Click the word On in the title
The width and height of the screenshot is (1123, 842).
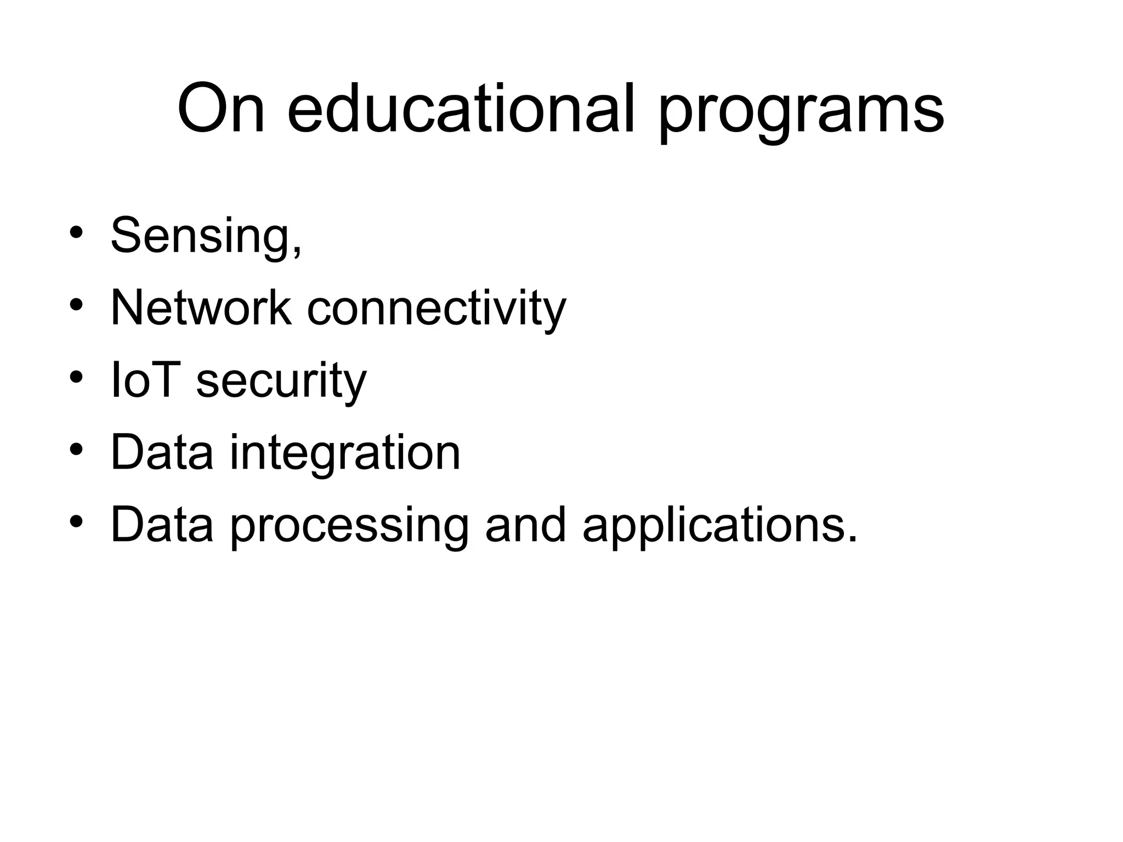click(x=222, y=108)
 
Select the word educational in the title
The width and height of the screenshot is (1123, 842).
click(x=461, y=108)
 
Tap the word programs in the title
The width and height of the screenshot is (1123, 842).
click(x=801, y=112)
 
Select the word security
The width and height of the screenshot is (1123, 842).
click(x=281, y=382)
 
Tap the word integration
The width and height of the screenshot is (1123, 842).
click(x=345, y=453)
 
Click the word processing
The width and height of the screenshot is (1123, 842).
click(x=349, y=526)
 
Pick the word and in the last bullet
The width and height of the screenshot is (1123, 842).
click(x=525, y=525)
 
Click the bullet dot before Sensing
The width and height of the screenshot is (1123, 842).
click(x=76, y=232)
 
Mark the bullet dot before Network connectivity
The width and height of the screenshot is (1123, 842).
click(x=76, y=305)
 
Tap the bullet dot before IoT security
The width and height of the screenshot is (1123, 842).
click(x=76, y=377)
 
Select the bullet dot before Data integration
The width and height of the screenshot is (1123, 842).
click(x=76, y=450)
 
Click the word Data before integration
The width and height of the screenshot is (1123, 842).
click(x=162, y=452)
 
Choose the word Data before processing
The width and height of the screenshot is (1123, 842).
click(x=162, y=525)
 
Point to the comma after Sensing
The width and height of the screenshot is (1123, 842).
click(x=297, y=252)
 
